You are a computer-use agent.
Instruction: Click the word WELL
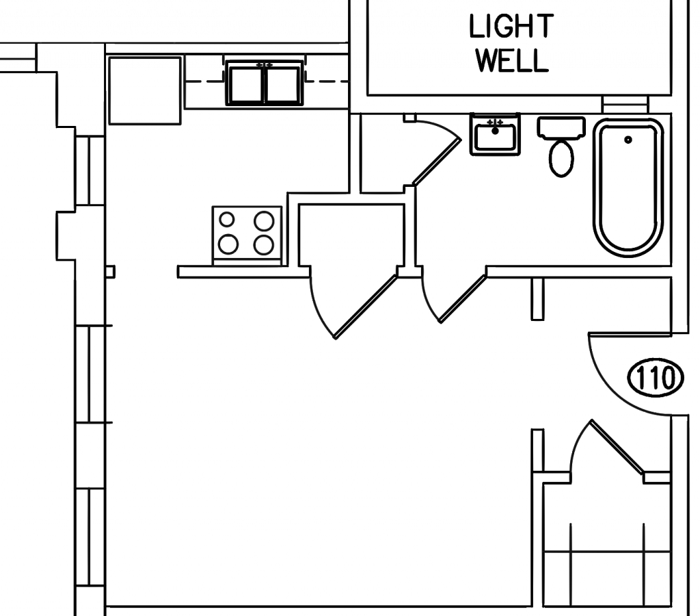click(x=511, y=62)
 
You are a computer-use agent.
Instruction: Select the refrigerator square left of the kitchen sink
click(x=146, y=91)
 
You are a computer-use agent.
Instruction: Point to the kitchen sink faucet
click(x=262, y=65)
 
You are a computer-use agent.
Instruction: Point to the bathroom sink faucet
click(x=494, y=122)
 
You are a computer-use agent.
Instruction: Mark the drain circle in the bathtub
click(x=628, y=140)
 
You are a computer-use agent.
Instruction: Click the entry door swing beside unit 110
click(x=619, y=370)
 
